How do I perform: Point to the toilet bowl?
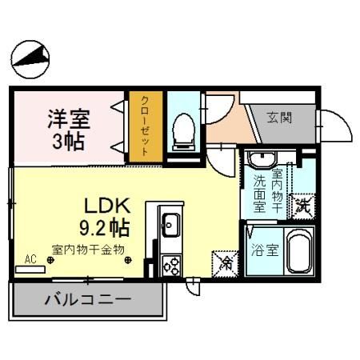click(x=183, y=128)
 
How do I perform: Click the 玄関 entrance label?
click(x=280, y=118)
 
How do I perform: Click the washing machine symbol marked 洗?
click(x=303, y=207)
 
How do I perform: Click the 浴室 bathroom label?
click(x=265, y=250)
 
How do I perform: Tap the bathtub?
click(x=298, y=251)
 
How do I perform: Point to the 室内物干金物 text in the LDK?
click(x=88, y=250)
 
